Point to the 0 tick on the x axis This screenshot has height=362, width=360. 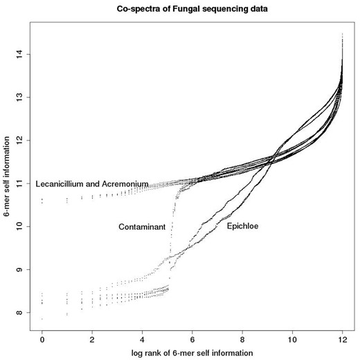point(42,339)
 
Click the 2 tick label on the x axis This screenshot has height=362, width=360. point(92,339)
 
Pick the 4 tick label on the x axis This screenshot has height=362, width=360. point(142,339)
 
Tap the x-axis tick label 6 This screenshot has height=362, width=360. point(192,339)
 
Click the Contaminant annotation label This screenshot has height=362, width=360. point(141,226)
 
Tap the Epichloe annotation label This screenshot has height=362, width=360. point(243,226)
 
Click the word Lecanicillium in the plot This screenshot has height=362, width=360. point(61,183)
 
